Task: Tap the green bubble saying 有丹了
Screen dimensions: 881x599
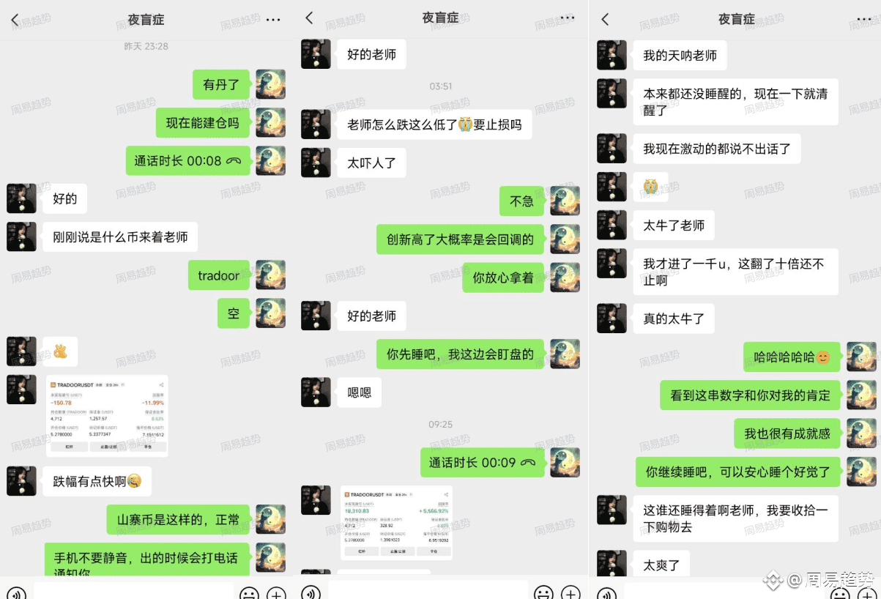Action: (221, 85)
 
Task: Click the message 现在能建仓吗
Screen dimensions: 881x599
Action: (203, 123)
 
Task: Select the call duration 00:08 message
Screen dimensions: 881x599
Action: (187, 161)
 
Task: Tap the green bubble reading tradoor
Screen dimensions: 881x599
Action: (218, 275)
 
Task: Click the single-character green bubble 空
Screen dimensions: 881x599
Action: (234, 313)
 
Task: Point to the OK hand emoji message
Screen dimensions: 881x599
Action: (60, 351)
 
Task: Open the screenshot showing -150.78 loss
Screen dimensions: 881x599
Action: (107, 415)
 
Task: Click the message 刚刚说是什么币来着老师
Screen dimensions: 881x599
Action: (120, 237)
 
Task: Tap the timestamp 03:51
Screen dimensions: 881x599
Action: (440, 86)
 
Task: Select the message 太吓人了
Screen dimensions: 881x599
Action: (371, 163)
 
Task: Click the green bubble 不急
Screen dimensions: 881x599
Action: (521, 201)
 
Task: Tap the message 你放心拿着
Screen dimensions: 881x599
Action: (502, 278)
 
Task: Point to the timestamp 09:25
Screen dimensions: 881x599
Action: (440, 424)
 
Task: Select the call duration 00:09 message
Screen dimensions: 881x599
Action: (482, 463)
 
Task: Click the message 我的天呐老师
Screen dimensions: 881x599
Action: (680, 56)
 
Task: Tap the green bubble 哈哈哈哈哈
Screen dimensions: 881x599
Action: (791, 357)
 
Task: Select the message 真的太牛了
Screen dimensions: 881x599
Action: (674, 319)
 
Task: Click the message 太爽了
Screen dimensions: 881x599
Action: (661, 565)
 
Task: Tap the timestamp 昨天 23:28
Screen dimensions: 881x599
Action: (146, 46)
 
